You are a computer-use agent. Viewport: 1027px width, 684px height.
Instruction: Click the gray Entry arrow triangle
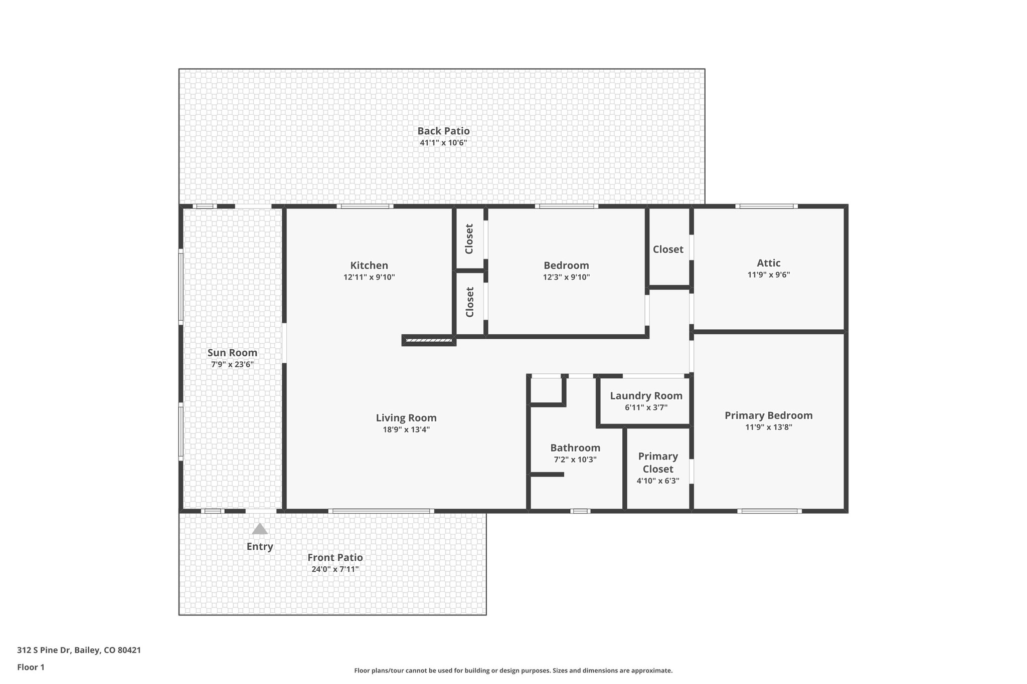coord(259,529)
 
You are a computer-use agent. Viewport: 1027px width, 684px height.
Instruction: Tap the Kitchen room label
coord(369,265)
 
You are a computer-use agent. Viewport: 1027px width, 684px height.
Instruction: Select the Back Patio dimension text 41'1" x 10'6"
coord(443,143)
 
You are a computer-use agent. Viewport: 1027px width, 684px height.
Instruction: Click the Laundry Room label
coord(646,396)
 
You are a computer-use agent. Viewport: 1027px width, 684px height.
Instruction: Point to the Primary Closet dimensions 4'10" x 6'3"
coord(658,481)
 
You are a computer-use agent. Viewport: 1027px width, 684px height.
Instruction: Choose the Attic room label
coord(768,263)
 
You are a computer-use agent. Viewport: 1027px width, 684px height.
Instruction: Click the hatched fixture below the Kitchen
coord(429,341)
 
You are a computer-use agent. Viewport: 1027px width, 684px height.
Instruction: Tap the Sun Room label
coord(232,353)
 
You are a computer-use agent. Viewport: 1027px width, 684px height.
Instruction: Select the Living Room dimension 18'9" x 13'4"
coord(406,429)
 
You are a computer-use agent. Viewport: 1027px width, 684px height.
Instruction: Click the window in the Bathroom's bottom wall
coord(580,511)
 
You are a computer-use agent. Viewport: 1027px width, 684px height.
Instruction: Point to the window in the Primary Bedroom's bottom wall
coord(769,511)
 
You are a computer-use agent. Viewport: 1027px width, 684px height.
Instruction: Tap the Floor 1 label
coord(31,667)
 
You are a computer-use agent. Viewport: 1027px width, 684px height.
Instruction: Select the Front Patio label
coord(335,557)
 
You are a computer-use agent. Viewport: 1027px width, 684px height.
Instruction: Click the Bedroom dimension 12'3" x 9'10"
coord(566,277)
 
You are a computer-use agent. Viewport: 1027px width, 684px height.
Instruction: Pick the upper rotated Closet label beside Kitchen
coord(469,239)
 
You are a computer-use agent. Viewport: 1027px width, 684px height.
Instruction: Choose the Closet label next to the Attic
coord(668,249)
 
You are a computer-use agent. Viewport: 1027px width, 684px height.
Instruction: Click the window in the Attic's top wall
coord(766,206)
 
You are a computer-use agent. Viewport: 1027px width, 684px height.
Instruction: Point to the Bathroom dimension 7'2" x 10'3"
coord(575,460)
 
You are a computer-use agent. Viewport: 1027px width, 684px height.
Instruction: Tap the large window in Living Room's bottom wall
coord(381,511)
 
